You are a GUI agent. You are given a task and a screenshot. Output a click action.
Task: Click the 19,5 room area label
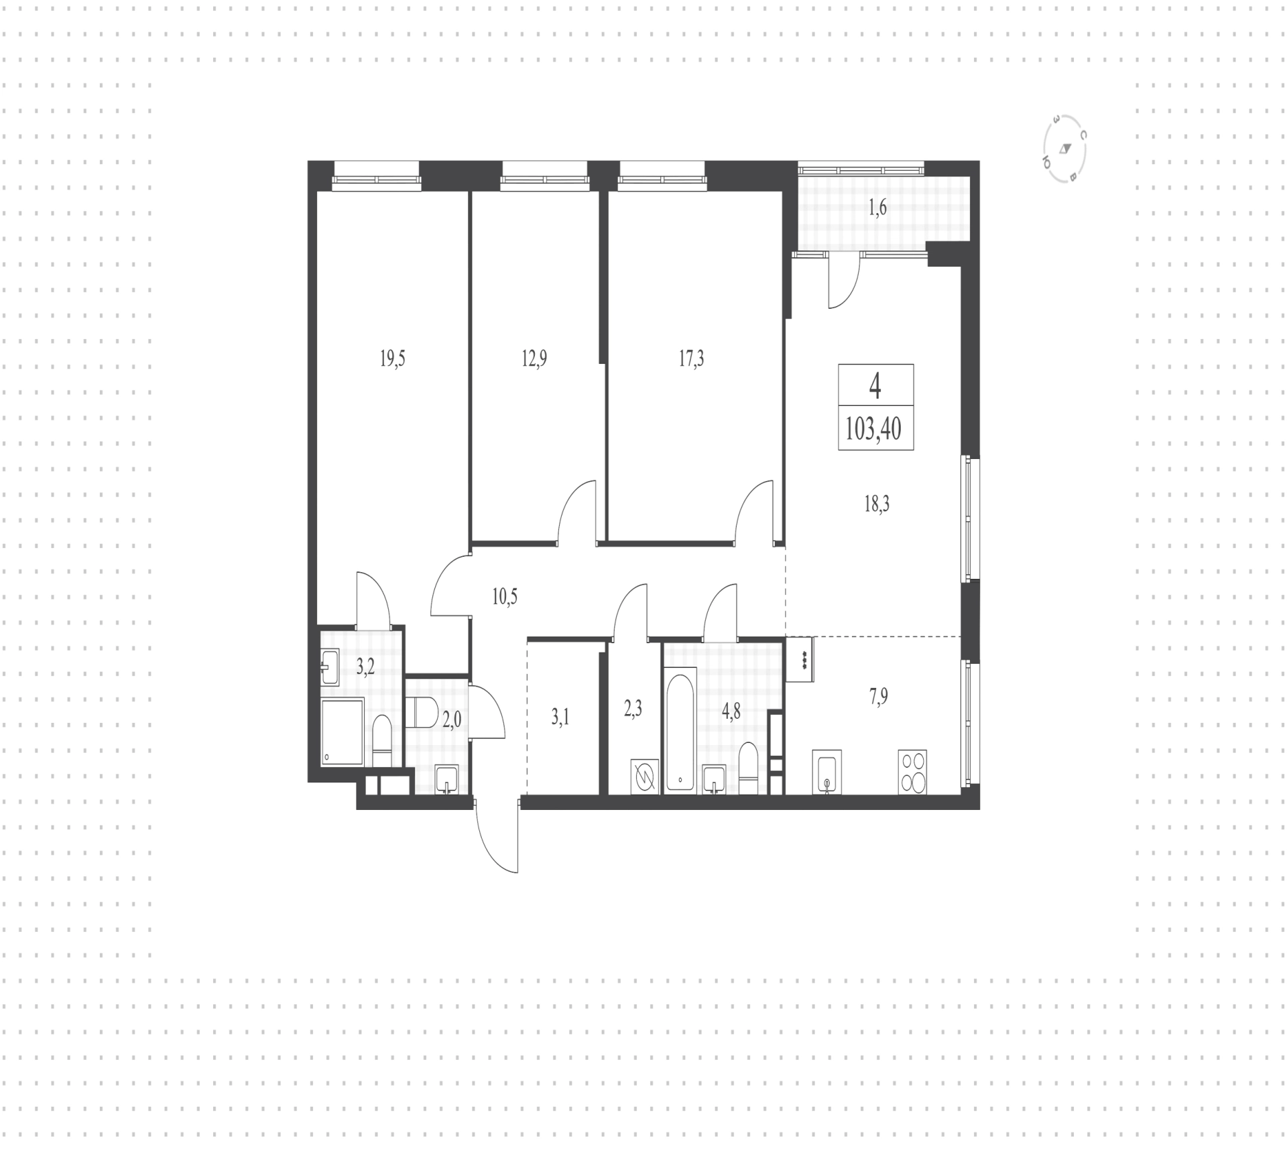[x=392, y=359]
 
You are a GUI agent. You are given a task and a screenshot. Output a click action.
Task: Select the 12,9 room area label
[x=534, y=359]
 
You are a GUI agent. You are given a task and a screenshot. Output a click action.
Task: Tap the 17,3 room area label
[x=691, y=359]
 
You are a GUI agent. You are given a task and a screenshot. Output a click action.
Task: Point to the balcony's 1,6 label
[x=877, y=208]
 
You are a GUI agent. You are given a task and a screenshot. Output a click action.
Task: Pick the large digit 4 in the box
[x=875, y=386]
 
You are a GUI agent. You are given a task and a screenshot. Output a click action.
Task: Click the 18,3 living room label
[x=876, y=504]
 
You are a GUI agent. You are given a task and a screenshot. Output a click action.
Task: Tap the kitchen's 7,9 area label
[x=877, y=697]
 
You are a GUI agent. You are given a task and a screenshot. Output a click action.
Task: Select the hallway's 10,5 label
[x=505, y=596]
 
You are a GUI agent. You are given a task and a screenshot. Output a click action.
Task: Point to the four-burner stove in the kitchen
[x=912, y=772]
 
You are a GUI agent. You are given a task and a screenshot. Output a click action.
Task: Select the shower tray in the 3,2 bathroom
[x=342, y=732]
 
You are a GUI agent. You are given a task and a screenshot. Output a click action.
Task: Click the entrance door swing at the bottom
[x=497, y=836]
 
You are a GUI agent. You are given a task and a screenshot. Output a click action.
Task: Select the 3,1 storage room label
[x=560, y=718]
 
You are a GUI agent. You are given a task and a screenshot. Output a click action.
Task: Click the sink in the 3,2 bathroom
[x=330, y=667]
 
